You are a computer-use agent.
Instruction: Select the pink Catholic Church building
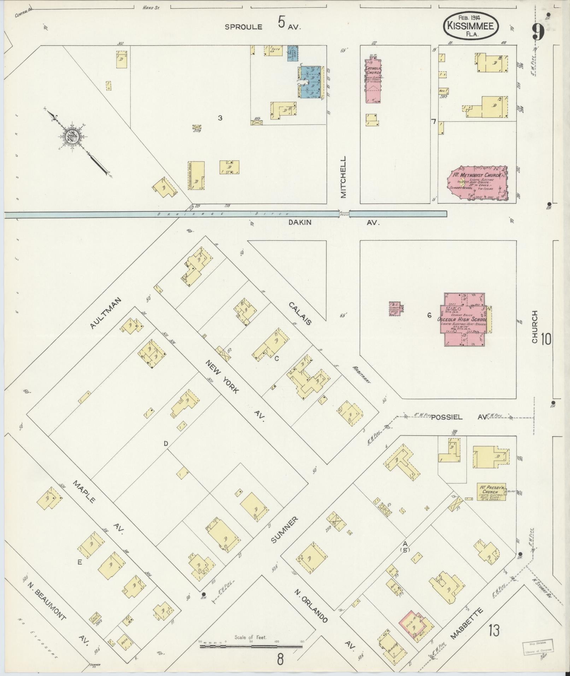(373, 81)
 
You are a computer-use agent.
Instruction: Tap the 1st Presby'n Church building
(491, 492)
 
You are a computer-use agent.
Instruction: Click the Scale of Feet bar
(251, 646)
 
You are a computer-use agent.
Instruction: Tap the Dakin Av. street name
(300, 222)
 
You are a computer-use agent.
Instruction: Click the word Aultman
(106, 313)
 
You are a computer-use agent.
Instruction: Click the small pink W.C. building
(395, 309)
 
